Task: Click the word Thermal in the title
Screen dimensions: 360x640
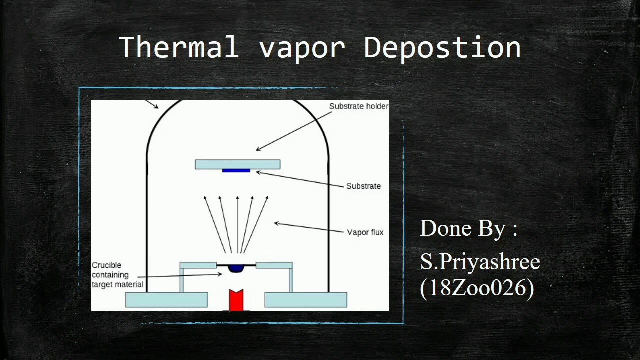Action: tap(179, 48)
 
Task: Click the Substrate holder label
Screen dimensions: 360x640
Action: tap(358, 106)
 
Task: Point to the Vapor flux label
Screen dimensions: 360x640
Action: tap(365, 232)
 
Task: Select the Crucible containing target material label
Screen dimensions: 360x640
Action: tap(117, 275)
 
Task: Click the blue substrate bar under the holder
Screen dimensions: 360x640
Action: tap(236, 171)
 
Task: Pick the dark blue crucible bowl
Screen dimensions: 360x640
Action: tap(236, 268)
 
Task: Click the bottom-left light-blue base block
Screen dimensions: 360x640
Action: tap(166, 300)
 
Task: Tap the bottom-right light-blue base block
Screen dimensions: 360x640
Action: tap(305, 300)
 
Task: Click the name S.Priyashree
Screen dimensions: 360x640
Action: tap(480, 262)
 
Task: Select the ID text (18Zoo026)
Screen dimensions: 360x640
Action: tap(477, 288)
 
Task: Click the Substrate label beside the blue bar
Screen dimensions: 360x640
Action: tap(363, 186)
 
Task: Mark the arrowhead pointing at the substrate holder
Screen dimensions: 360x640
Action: tap(258, 149)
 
